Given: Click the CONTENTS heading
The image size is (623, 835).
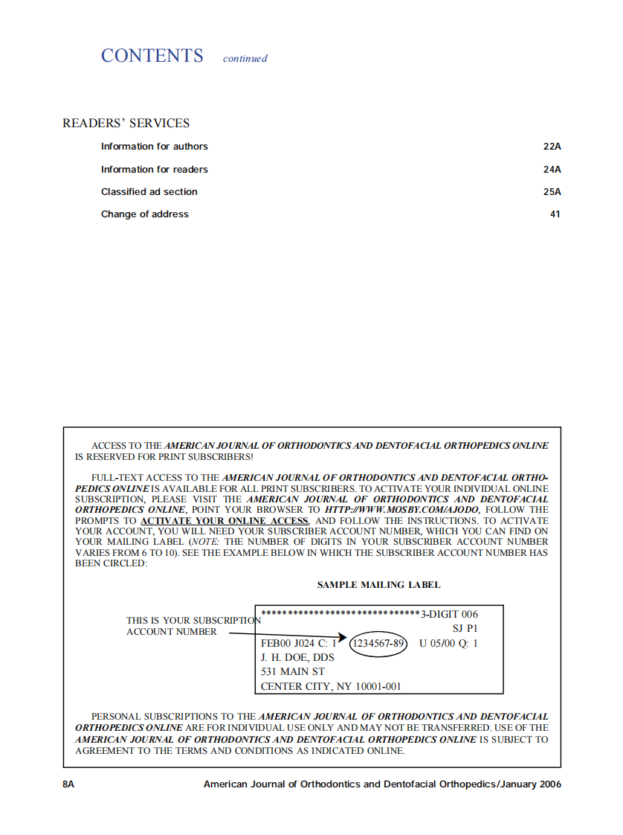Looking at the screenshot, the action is (x=152, y=56).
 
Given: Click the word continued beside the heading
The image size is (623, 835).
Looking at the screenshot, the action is (x=245, y=59).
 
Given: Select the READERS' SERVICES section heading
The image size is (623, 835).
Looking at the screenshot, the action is (x=126, y=124).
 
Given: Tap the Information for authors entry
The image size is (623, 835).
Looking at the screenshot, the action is (x=155, y=147).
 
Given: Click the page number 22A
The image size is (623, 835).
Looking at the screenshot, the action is (x=552, y=147).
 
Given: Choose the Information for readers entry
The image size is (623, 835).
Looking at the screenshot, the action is (x=155, y=170).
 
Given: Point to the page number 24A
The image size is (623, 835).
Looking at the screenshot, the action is (x=552, y=170).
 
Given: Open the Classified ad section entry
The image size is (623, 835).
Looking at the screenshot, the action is (x=149, y=192).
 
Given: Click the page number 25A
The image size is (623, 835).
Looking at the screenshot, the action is (x=552, y=192).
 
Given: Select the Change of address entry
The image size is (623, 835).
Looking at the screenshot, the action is (x=145, y=214).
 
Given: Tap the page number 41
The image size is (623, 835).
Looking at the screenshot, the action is (x=555, y=214).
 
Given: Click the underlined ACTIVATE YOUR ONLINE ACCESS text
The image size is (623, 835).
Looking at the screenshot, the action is (x=225, y=521).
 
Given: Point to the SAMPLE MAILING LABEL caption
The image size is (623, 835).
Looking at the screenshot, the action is (x=378, y=585).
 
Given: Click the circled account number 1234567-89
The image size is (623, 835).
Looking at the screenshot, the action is (x=378, y=643).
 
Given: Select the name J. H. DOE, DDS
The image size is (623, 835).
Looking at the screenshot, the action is (x=297, y=658).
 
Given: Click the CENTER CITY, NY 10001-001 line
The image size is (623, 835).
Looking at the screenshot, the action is (x=331, y=686).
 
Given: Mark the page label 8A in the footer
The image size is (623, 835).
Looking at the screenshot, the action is (x=68, y=784).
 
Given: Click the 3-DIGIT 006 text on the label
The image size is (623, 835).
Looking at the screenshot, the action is (x=449, y=615).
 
